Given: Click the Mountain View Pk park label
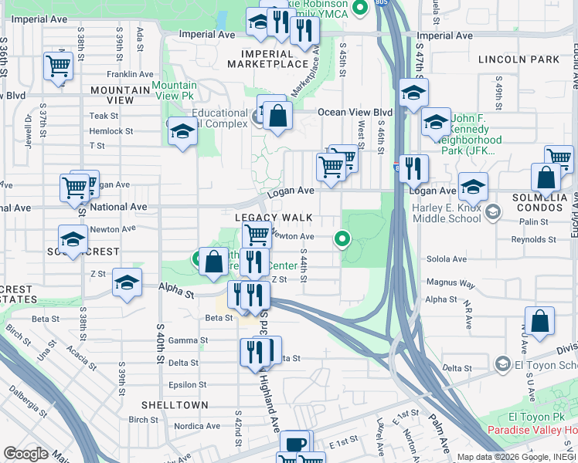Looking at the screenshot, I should pyautogui.click(x=173, y=90).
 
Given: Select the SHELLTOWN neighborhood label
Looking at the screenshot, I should pyautogui.click(x=175, y=404).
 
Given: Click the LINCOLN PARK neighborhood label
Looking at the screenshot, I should pyautogui.click(x=518, y=59).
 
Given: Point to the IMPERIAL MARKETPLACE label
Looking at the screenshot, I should pyautogui.click(x=267, y=59).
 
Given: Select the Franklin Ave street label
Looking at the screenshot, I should pyautogui.click(x=129, y=74).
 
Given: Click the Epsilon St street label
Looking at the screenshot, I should pyautogui.click(x=187, y=384).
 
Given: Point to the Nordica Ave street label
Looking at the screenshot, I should pyautogui.click(x=197, y=426).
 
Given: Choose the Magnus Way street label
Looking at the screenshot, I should pyautogui.click(x=450, y=284).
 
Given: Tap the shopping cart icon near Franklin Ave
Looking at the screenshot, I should pyautogui.click(x=59, y=66).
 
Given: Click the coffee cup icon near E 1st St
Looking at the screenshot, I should pyautogui.click(x=296, y=444).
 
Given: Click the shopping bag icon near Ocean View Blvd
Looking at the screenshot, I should pyautogui.click(x=277, y=116).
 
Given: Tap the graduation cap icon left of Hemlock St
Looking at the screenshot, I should pyautogui.click(x=182, y=133).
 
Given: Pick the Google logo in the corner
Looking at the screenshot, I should pyautogui.click(x=25, y=454).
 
